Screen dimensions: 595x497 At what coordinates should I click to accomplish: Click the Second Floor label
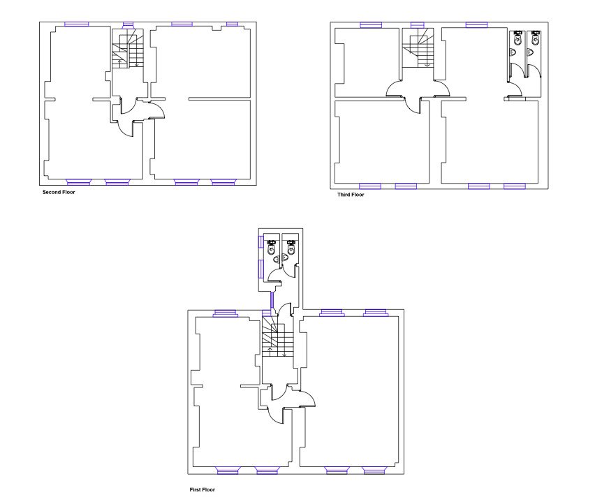point(59,193)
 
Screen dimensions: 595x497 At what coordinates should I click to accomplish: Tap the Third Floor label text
point(351,195)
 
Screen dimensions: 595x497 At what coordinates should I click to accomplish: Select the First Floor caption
point(203,490)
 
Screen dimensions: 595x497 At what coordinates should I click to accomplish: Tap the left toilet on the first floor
point(272,247)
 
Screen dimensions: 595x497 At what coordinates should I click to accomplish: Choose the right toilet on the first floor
point(291,247)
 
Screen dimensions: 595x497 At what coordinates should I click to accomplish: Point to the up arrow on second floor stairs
point(121,63)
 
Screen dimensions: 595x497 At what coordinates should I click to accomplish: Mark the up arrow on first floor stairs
point(270,351)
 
